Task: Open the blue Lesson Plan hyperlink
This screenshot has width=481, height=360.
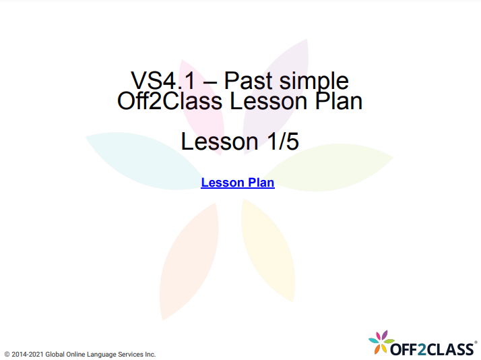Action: (238, 182)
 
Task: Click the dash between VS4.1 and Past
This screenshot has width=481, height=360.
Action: (209, 82)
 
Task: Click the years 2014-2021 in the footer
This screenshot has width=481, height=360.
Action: (31, 353)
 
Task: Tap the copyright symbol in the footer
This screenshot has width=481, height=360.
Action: (7, 353)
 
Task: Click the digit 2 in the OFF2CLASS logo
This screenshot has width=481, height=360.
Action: (422, 349)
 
